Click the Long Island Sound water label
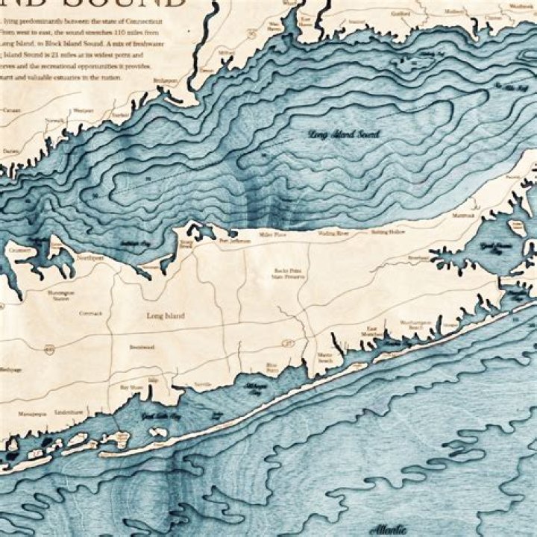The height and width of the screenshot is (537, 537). pyautogui.click(x=344, y=135)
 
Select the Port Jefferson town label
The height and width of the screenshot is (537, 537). pyautogui.click(x=233, y=242)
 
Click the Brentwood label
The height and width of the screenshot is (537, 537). pyautogui.click(x=141, y=347)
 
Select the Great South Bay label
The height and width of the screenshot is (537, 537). pyautogui.click(x=160, y=416)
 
